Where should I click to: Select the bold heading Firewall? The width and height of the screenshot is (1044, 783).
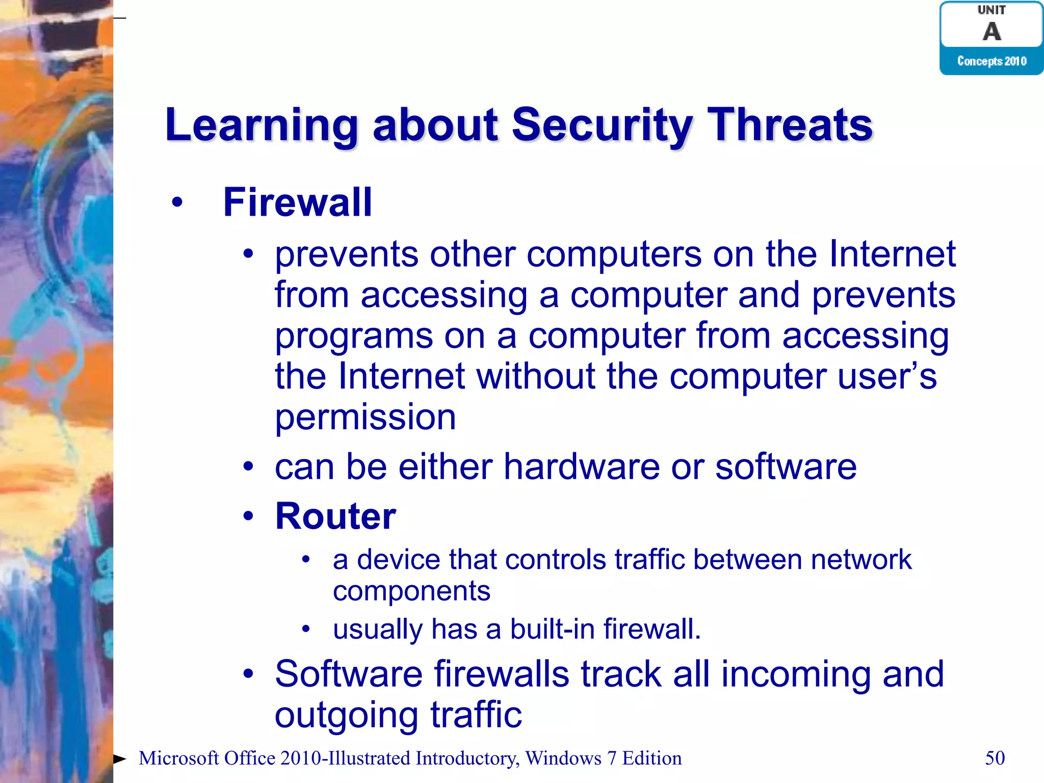(298, 202)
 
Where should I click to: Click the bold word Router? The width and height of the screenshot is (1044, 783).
(335, 516)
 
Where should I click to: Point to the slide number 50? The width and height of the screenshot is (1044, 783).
(995, 758)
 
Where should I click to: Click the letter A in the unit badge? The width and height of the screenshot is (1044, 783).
(991, 32)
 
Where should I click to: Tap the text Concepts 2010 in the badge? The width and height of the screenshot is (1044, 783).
(991, 61)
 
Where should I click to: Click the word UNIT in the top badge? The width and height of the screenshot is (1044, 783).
(991, 10)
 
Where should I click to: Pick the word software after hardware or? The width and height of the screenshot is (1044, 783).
(786, 467)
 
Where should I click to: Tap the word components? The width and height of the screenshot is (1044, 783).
(411, 591)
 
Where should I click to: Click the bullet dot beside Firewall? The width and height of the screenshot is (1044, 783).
(177, 203)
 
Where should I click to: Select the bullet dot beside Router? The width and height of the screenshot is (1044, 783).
(248, 516)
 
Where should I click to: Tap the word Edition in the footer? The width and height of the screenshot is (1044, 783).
(652, 759)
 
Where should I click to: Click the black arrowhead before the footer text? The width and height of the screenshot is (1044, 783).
(119, 759)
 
